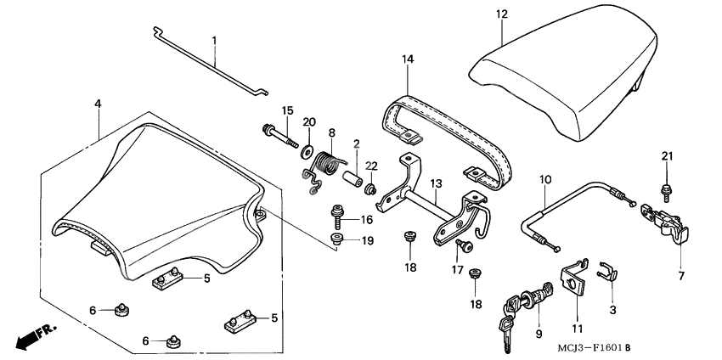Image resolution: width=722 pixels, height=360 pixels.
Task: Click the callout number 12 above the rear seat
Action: pos(501,14)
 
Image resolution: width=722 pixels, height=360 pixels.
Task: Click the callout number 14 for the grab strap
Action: pos(408,59)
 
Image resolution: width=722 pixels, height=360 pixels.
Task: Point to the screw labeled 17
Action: pos(464,246)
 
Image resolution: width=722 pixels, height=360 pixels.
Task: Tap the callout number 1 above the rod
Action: pos(214,40)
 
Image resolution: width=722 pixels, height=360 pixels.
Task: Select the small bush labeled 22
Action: pos(369,186)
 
